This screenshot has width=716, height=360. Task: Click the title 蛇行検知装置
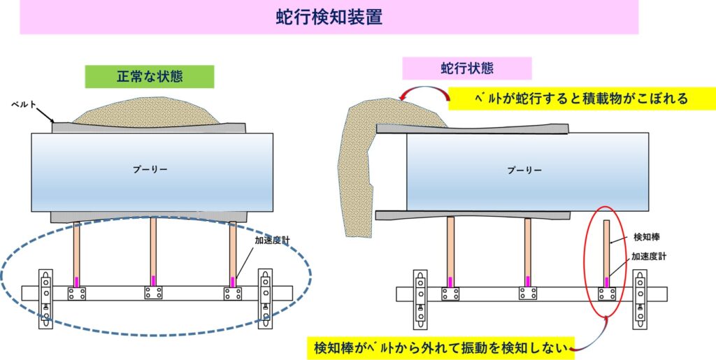tap(329, 17)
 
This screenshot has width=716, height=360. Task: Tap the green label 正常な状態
tap(150, 76)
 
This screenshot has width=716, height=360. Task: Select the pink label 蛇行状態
tap(466, 69)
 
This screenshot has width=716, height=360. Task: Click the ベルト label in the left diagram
tap(23, 105)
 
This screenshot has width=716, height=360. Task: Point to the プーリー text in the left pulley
tap(150, 169)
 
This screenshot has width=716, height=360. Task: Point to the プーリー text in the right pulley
tap(524, 170)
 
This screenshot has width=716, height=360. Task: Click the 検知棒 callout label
tap(645, 237)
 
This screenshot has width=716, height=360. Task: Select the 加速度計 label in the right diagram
tap(649, 257)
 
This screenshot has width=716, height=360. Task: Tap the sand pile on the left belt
tap(146, 111)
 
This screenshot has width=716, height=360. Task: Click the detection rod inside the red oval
tap(606, 254)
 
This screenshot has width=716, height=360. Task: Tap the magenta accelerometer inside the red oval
tap(606, 282)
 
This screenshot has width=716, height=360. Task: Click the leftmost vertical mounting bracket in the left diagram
tap(45, 299)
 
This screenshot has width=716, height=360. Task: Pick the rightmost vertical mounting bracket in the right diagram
tap(639, 299)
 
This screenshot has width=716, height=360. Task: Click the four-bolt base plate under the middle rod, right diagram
tap(528, 294)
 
